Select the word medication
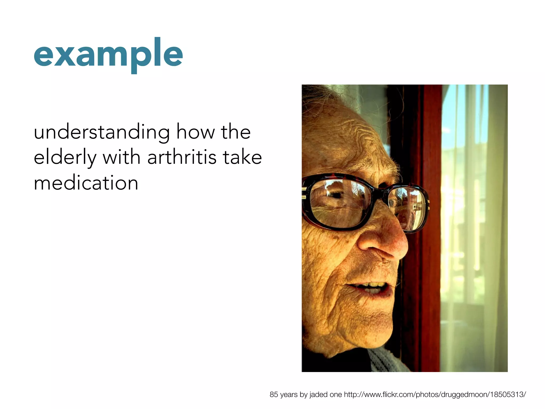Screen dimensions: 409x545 [86, 183]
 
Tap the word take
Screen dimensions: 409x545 [242, 157]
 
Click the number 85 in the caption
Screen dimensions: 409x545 [274, 394]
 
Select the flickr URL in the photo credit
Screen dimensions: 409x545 [435, 394]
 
